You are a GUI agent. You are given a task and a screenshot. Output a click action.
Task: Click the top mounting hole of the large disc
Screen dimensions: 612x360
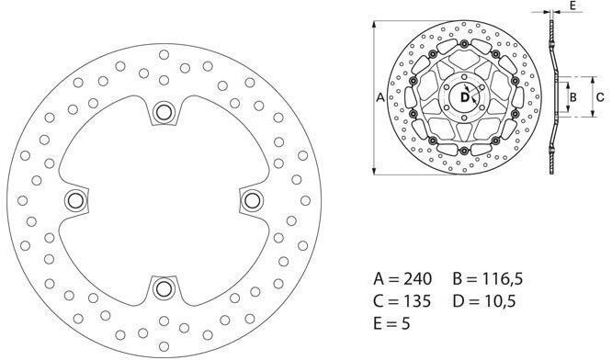pos(164,112)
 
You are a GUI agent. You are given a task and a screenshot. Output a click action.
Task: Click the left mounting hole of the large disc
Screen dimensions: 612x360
pos(75,200)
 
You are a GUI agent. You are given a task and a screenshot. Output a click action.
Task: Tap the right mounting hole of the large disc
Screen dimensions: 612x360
pos(252,200)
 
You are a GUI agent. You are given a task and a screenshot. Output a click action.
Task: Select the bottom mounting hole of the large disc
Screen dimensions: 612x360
pos(164,288)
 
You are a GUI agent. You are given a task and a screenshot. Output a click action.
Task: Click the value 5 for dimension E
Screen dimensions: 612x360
pos(405,323)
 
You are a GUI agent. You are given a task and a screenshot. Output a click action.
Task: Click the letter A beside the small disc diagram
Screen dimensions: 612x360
pos(380,97)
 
